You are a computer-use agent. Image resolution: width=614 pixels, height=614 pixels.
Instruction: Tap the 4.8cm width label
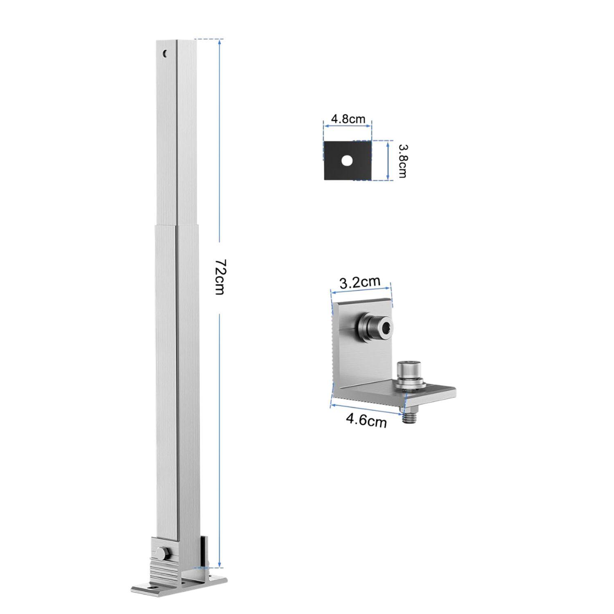point(348,119)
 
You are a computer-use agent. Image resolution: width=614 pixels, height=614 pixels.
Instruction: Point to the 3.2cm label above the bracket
point(360,282)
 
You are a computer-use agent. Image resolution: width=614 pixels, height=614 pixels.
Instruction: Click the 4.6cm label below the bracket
point(366,420)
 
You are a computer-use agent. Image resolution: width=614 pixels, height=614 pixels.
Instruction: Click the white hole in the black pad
point(347,160)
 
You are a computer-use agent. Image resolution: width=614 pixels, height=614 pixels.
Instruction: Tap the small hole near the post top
point(165,53)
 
